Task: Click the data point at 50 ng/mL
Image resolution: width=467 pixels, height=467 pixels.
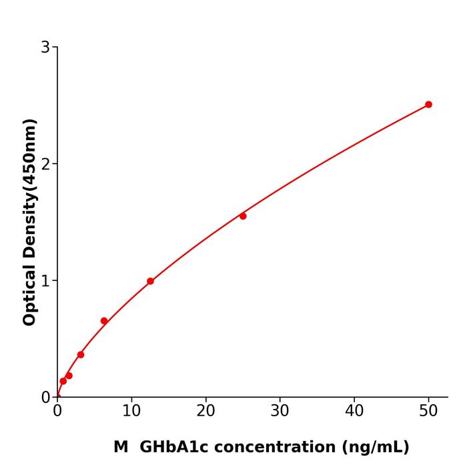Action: click(428, 105)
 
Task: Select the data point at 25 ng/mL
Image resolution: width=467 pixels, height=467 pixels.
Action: click(243, 216)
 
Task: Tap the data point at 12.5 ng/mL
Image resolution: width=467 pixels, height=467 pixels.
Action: click(150, 282)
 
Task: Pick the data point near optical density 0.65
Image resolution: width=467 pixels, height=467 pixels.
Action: click(104, 321)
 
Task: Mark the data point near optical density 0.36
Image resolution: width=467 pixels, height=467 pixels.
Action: click(81, 355)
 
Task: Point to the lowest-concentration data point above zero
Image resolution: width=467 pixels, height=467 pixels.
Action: click(63, 382)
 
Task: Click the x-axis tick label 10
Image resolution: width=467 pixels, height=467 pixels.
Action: click(131, 412)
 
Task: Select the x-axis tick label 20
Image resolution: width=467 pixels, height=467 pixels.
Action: click(205, 412)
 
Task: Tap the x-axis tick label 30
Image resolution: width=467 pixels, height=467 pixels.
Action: click(280, 412)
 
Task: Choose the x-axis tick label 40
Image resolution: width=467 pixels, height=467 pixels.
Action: click(354, 412)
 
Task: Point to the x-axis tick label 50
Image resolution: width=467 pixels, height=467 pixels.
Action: click(428, 412)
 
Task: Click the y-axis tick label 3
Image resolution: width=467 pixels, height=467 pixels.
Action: click(45, 47)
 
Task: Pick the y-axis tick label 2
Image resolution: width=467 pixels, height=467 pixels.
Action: click(45, 164)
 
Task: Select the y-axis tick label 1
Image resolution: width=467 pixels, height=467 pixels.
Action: click(45, 281)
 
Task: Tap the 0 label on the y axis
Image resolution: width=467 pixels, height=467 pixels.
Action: click(45, 398)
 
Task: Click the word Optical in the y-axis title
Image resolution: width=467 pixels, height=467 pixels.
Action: click(29, 294)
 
